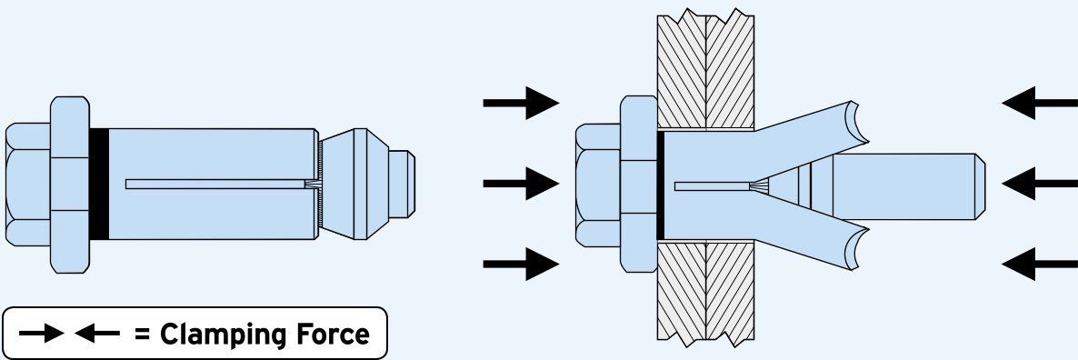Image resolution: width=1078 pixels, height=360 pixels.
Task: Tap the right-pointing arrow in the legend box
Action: [41, 334]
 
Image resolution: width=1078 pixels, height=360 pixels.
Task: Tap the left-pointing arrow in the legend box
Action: [96, 334]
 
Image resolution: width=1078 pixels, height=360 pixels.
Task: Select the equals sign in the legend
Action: [143, 335]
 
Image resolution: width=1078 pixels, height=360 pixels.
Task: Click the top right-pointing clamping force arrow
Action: [521, 103]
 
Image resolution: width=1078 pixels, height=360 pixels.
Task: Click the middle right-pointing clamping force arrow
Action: [521, 184]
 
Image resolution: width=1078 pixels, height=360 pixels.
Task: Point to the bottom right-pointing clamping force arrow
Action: [521, 264]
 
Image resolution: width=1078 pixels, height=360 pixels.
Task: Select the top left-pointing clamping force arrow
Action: [1040, 103]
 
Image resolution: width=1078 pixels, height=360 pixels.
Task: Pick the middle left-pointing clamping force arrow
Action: [1040, 184]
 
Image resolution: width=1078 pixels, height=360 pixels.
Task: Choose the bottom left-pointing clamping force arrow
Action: [1040, 264]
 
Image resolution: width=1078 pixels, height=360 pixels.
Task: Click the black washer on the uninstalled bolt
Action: [99, 184]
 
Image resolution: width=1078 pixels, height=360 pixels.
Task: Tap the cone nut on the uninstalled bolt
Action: [354, 184]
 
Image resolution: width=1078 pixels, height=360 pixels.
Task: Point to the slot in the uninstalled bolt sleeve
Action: [215, 185]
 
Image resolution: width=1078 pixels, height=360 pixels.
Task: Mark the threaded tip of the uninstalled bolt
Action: [402, 184]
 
